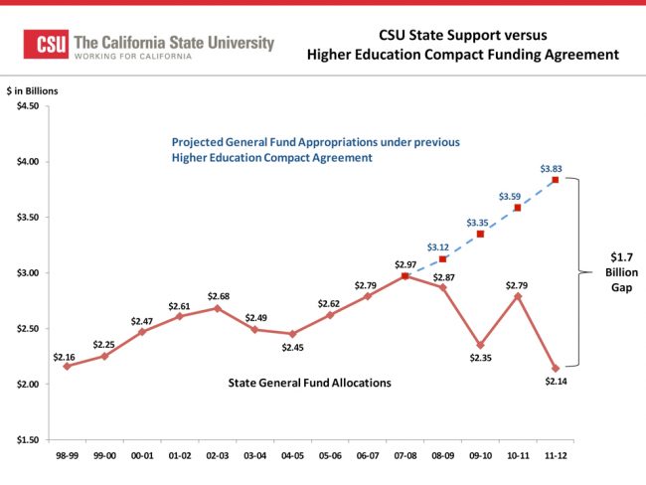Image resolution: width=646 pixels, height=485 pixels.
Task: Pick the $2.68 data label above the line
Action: pyautogui.click(x=218, y=295)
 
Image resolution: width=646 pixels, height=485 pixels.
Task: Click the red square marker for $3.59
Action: pyautogui.click(x=518, y=208)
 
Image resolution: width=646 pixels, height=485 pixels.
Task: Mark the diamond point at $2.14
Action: pyautogui.click(x=556, y=368)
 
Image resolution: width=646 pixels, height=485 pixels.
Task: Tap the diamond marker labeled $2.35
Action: pyautogui.click(x=480, y=345)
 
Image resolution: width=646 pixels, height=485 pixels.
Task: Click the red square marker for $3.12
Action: pyautogui.click(x=442, y=259)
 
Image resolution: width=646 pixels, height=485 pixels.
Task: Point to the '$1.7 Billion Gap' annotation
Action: pyautogui.click(x=616, y=271)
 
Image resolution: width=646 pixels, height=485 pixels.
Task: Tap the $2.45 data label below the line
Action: pyautogui.click(x=292, y=347)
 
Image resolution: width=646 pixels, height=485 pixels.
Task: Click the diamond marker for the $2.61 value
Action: pyautogui.click(x=180, y=316)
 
